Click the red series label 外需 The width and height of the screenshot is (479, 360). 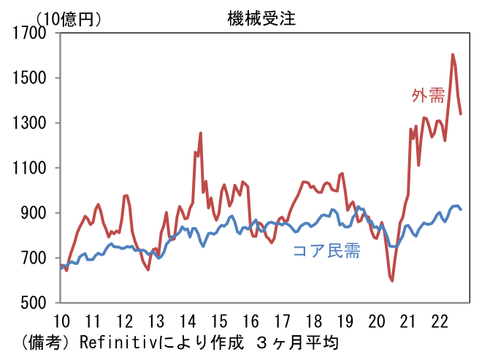click(x=428, y=96)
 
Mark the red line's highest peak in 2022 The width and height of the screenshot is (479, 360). click(x=453, y=54)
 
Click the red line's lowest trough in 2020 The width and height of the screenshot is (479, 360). click(x=392, y=280)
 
